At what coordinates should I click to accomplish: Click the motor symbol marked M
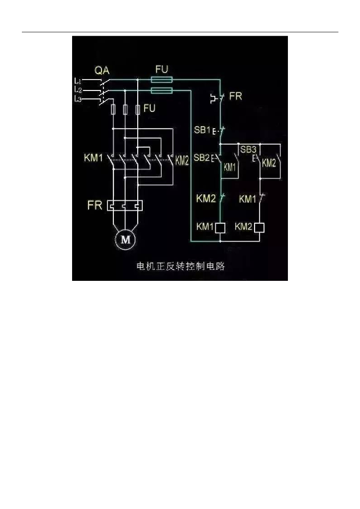pos(126,240)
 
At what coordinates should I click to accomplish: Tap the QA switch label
pos(102,71)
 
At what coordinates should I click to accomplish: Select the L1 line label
pos(78,80)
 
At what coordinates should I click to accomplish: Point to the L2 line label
pos(78,89)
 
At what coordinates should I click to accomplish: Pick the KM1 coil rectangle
pos(220,228)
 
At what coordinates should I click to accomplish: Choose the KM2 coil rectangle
pos(259,228)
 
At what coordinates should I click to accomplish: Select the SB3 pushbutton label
pos(248,149)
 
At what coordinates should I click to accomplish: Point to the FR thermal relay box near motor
pos(125,205)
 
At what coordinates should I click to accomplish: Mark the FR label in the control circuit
pos(235,96)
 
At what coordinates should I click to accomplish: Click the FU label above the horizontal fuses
pos(162,69)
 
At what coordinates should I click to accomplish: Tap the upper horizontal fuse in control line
pos(162,80)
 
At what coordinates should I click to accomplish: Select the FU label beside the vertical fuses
pos(149,107)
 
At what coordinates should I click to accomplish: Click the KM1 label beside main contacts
pos(93,159)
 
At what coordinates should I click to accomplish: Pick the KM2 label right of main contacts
pos(182,161)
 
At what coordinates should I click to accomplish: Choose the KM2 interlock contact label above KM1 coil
pos(205,199)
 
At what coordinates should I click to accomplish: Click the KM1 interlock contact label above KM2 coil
pos(248,199)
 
